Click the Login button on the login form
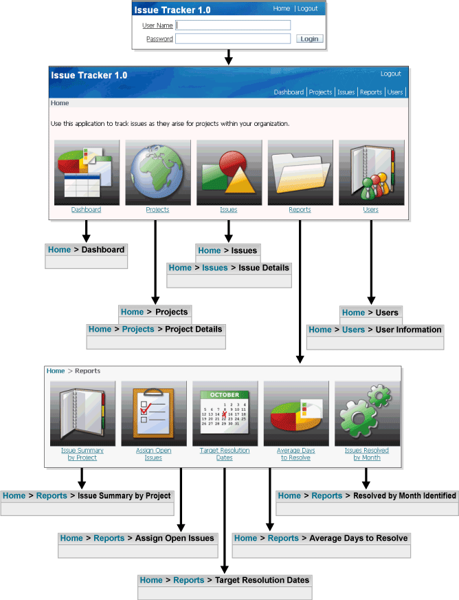point(309,39)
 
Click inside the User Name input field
point(233,25)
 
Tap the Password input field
point(233,39)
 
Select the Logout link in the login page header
point(307,9)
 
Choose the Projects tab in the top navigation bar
point(320,92)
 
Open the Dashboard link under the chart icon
point(86,210)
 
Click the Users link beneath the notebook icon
point(370,210)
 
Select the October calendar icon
point(225,412)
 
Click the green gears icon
point(366,412)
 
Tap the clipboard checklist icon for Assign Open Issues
point(153,412)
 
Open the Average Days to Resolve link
point(295,454)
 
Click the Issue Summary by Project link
point(82,454)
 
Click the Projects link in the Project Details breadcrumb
point(138,330)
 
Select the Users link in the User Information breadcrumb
point(353,330)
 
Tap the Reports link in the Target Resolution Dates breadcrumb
point(188,580)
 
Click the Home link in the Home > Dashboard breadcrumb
point(59,250)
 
